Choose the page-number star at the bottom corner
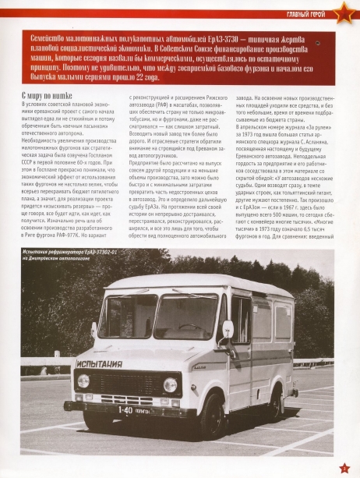[345, 466]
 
